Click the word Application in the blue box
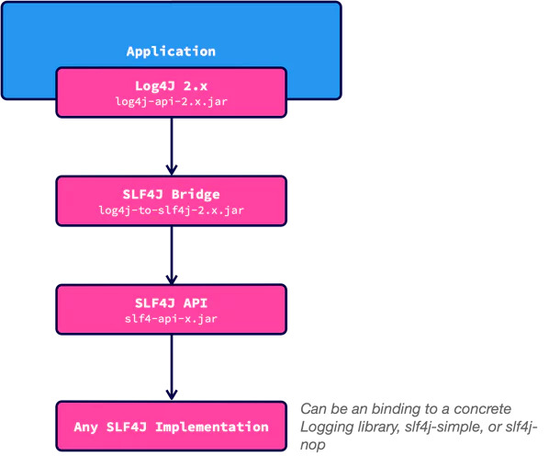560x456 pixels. pyautogui.click(x=171, y=51)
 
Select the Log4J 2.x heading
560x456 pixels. pyautogui.click(x=171, y=85)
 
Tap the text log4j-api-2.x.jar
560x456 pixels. pyautogui.click(x=171, y=101)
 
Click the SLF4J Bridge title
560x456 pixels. pyautogui.click(x=171, y=194)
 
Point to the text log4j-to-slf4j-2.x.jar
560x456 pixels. pyautogui.click(x=171, y=211)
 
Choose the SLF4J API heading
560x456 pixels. pyautogui.click(x=171, y=302)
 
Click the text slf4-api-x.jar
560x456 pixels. pyautogui.click(x=171, y=319)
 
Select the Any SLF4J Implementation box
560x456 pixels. pyautogui.click(x=171, y=427)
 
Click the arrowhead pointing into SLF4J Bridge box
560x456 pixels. pyautogui.click(x=171, y=169)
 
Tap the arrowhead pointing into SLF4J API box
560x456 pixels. pyautogui.click(x=171, y=278)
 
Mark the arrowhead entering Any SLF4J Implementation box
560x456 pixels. pyautogui.click(x=171, y=393)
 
